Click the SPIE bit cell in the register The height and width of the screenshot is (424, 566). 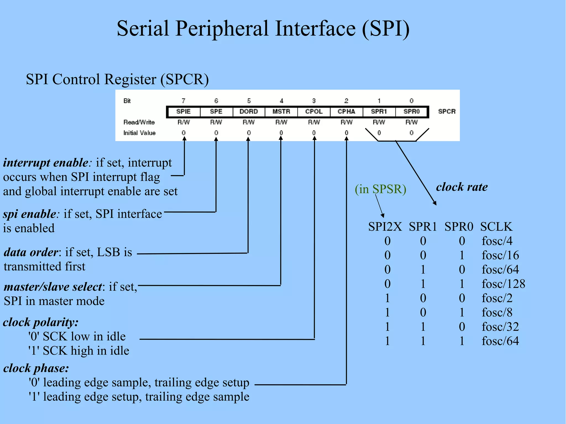click(184, 112)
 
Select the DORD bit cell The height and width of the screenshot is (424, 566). click(249, 112)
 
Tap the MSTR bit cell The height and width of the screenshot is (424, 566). click(281, 112)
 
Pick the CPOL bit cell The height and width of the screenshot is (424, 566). click(314, 112)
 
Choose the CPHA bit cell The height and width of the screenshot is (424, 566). click(346, 112)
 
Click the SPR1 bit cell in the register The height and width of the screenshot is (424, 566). click(379, 112)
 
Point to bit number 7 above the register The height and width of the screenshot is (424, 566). click(184, 101)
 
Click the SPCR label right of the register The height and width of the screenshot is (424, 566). click(447, 112)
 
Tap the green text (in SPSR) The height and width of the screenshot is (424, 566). click(381, 189)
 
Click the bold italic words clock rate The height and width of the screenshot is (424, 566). click(462, 187)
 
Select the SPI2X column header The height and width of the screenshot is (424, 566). click(385, 227)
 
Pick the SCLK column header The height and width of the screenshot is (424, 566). click(496, 227)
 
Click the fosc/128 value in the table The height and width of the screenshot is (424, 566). click(503, 284)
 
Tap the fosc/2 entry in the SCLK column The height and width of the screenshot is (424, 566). click(497, 298)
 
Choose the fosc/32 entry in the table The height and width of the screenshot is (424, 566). click(500, 327)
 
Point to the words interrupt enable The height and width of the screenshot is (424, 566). click(46, 163)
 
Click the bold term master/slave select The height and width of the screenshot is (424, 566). click(53, 287)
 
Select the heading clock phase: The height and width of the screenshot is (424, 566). click(36, 368)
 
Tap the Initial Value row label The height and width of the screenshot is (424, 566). click(139, 133)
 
